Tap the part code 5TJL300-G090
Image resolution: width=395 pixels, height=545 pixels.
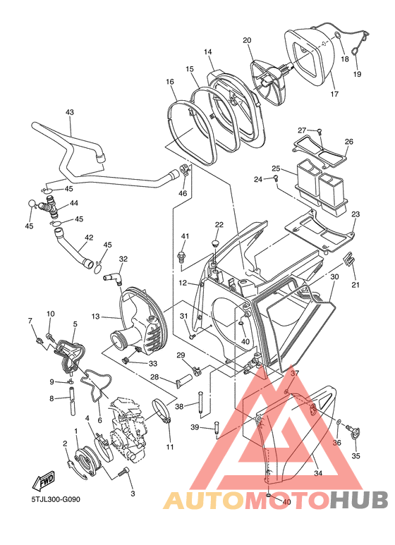(x=56, y=499)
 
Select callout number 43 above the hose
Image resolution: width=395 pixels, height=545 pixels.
(x=70, y=112)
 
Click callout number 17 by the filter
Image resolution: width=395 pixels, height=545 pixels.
(x=334, y=94)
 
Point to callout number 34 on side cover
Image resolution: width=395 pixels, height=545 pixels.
(x=318, y=473)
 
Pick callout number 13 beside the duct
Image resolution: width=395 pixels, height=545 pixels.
(x=96, y=317)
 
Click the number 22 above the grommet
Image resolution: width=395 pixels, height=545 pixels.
(x=219, y=224)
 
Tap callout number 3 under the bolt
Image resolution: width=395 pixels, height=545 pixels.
(x=133, y=494)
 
